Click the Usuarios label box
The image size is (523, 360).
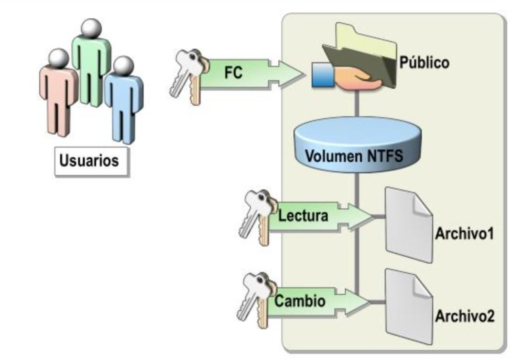(91, 161)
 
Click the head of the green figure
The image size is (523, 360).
(91, 28)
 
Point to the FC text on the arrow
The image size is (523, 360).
(233, 73)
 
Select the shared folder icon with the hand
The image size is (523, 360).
(355, 60)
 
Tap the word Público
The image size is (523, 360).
(424, 62)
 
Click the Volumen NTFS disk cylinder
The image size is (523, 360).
(357, 146)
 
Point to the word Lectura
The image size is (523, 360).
(303, 216)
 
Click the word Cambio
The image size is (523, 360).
(300, 301)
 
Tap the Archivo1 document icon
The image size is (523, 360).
(409, 225)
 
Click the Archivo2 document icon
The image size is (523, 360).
(409, 307)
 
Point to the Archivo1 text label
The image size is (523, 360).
(464, 234)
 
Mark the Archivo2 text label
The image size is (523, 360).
(464, 317)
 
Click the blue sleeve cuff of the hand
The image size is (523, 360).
(322, 74)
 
